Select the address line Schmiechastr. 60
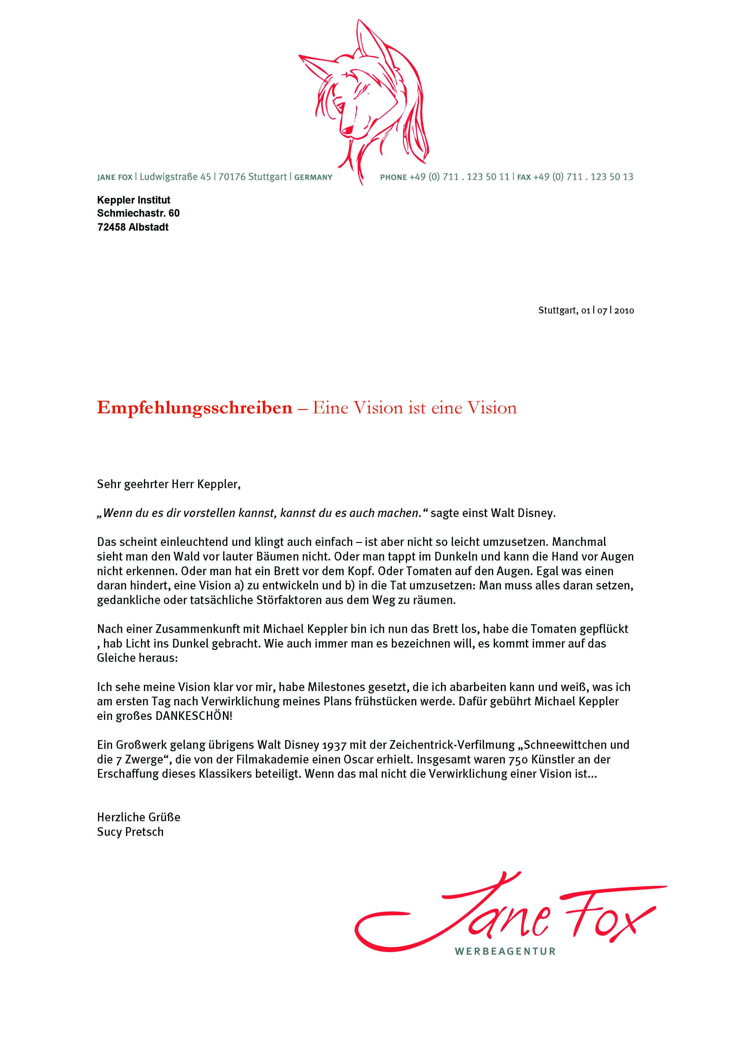click(x=138, y=213)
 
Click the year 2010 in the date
click(x=624, y=311)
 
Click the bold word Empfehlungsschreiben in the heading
click(x=194, y=408)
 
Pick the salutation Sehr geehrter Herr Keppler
click(x=168, y=484)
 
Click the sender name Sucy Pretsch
click(x=130, y=832)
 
